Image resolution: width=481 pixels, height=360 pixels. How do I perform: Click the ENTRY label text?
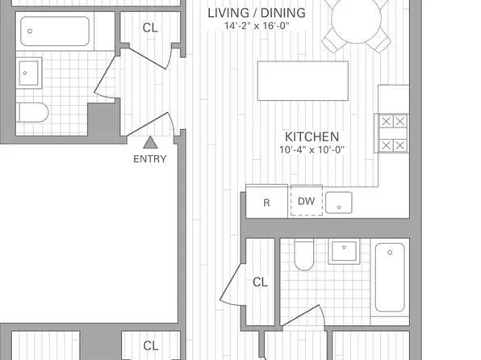[x=150, y=159]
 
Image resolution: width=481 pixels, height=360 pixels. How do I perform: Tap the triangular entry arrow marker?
[x=150, y=142]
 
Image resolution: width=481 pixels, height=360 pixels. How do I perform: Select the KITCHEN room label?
[x=312, y=137]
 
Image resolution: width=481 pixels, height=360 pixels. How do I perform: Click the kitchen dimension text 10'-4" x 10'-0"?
[x=312, y=150]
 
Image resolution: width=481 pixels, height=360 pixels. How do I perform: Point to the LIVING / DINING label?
[x=257, y=13]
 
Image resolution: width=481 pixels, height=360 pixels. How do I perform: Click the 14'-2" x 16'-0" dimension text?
[x=257, y=26]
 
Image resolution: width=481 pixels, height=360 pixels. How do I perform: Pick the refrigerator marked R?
[x=266, y=201]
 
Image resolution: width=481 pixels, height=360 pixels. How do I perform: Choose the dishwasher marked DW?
[x=307, y=201]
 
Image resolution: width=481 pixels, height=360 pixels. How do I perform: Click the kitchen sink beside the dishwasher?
[x=339, y=203]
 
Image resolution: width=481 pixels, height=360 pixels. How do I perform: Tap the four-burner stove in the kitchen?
[x=391, y=133]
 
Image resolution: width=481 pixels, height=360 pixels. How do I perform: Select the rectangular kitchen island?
[x=303, y=81]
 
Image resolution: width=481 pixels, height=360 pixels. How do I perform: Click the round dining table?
[x=356, y=19]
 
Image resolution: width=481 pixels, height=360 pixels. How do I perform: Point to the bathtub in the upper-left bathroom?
[x=55, y=31]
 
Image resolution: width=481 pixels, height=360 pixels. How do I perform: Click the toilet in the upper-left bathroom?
[x=32, y=113]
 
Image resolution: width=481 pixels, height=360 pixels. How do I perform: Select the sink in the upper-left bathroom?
[x=29, y=73]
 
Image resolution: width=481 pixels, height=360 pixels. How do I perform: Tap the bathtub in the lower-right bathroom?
[x=390, y=278]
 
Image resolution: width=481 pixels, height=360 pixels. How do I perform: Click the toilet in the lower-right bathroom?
[x=304, y=254]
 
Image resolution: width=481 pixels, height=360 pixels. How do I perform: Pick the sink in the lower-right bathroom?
[x=344, y=251]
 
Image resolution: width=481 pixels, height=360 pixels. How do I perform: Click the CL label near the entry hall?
[x=150, y=28]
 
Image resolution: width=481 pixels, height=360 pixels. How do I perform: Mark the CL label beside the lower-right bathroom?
[x=261, y=282]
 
